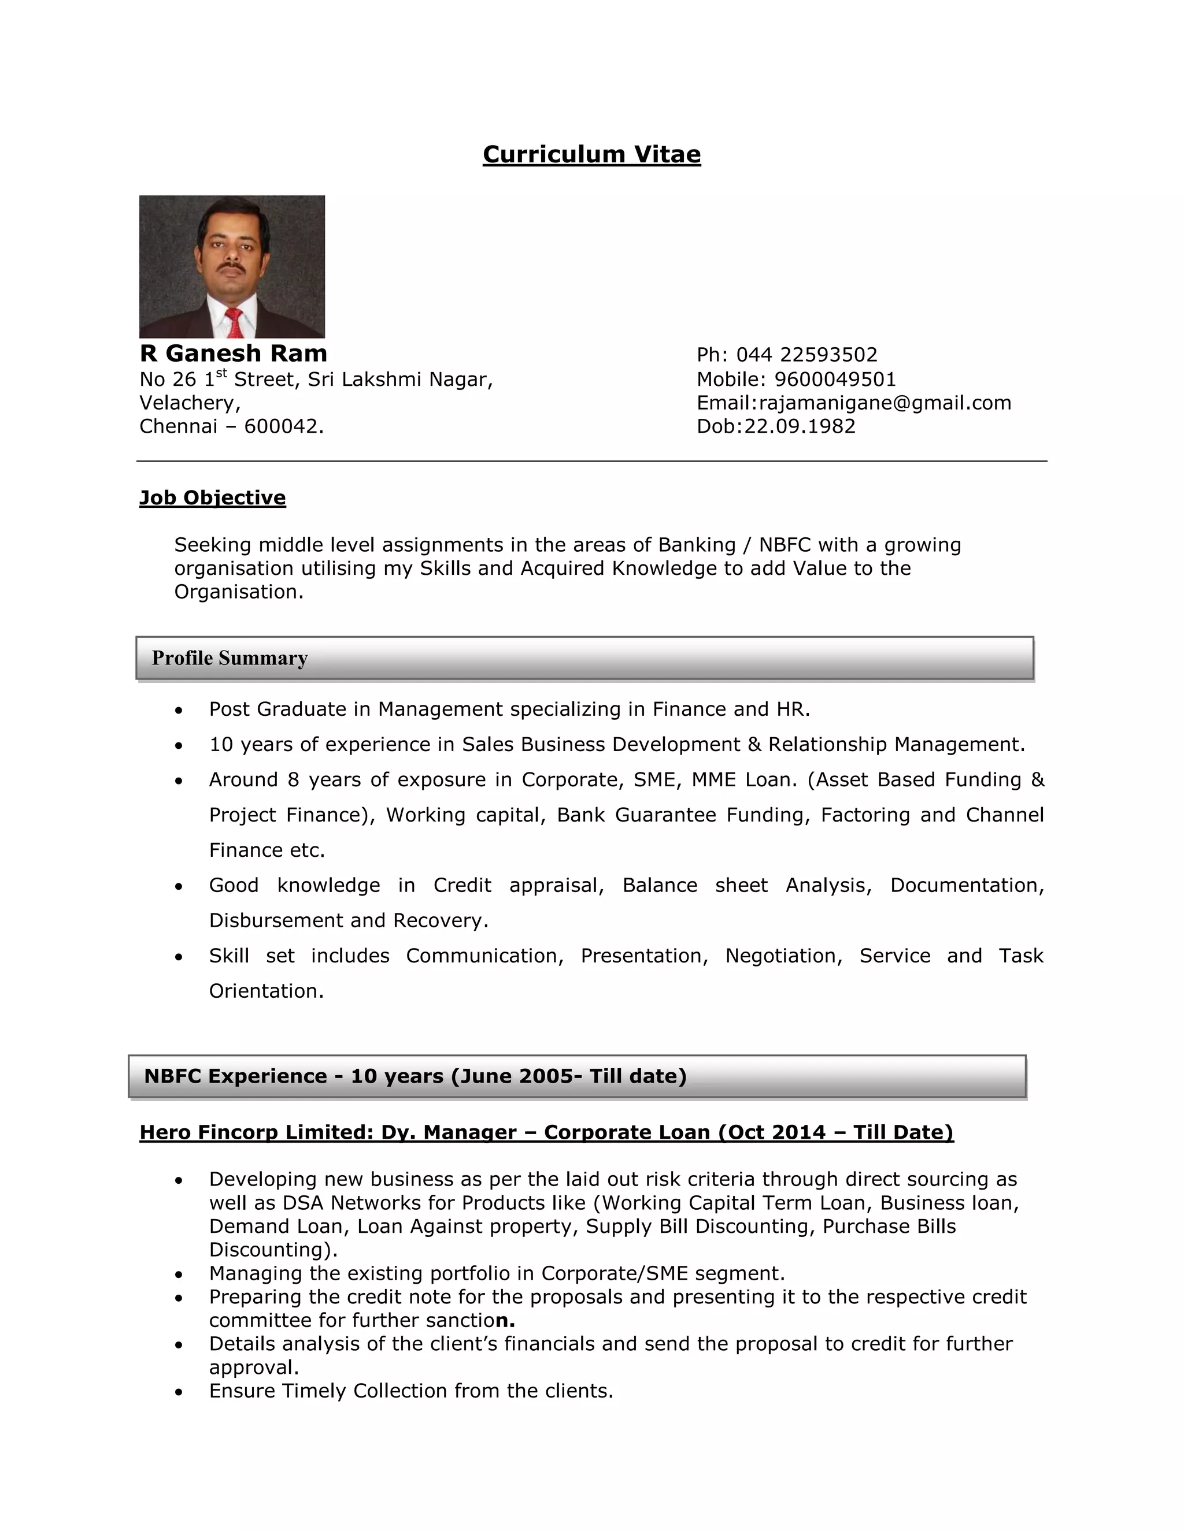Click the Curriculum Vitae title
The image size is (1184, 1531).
(591, 154)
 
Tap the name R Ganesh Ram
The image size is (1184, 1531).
(233, 354)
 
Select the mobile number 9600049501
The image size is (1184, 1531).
(835, 379)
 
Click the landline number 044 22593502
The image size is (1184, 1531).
(806, 355)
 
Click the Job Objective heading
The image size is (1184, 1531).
(213, 497)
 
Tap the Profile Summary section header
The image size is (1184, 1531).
(230, 657)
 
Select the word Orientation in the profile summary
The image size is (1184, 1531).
(265, 991)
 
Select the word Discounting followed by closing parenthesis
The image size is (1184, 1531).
(272, 1250)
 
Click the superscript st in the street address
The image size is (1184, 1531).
(221, 373)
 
